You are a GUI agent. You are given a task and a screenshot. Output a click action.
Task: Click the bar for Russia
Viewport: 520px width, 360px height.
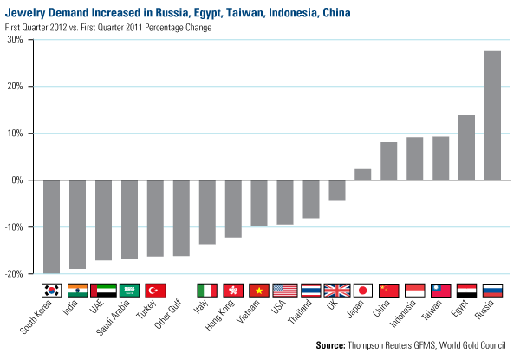pyautogui.click(x=493, y=115)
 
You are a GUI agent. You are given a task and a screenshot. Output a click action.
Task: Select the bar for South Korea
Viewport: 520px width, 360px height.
pyautogui.click(x=51, y=226)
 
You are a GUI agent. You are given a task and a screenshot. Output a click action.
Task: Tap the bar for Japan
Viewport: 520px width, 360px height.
pyautogui.click(x=363, y=174)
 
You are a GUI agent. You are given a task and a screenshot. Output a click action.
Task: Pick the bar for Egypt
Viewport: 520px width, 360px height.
pyautogui.click(x=467, y=147)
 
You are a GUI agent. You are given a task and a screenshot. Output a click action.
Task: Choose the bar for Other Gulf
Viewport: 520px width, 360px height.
pyautogui.click(x=181, y=218)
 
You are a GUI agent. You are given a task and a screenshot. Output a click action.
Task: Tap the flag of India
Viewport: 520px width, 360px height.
pyautogui.click(x=77, y=290)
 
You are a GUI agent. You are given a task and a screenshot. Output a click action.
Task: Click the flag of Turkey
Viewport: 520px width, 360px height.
pyautogui.click(x=155, y=290)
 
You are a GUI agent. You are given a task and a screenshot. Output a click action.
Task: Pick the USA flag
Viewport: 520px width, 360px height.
pyautogui.click(x=285, y=290)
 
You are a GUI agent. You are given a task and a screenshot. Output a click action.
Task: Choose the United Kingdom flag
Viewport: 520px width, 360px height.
pyautogui.click(x=337, y=290)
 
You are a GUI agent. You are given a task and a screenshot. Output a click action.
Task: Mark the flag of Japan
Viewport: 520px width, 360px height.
pyautogui.click(x=363, y=290)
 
